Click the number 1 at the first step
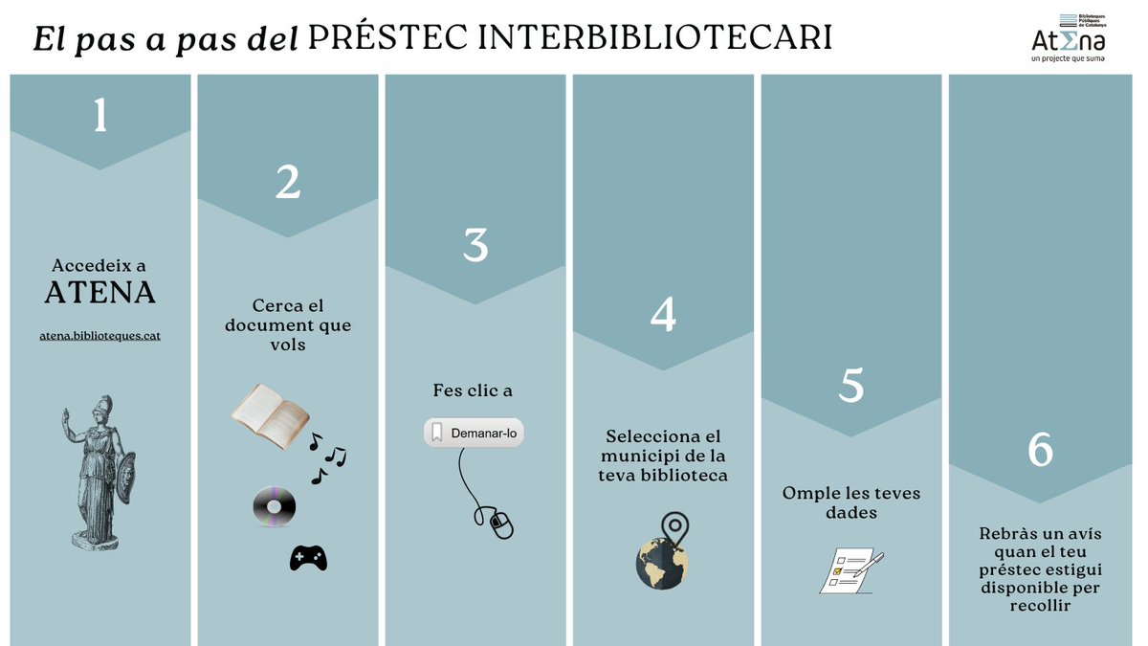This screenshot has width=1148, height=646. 99,114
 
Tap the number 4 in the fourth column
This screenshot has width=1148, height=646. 663,314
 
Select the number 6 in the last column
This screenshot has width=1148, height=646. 1041,449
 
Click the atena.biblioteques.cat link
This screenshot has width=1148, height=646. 99,336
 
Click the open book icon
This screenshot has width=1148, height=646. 270,415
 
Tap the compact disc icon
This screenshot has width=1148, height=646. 275,506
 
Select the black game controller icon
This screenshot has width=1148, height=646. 308,558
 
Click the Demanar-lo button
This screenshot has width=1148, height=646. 474,433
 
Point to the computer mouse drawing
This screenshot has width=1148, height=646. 501,523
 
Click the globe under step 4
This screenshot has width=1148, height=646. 662,564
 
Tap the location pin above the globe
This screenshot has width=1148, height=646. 675,529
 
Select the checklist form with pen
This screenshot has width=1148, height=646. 850,570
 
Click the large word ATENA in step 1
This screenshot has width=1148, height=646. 99,292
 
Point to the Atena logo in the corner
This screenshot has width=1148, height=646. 1069,38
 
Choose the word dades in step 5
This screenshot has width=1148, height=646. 850,512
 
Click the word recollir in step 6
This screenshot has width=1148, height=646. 1041,606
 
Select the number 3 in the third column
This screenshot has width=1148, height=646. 475,245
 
